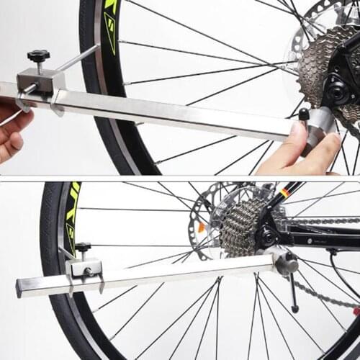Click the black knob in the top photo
pyautogui.click(x=38, y=55)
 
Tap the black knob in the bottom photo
pyautogui.click(x=83, y=248)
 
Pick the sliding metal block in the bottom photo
pyautogui.click(x=84, y=270)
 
